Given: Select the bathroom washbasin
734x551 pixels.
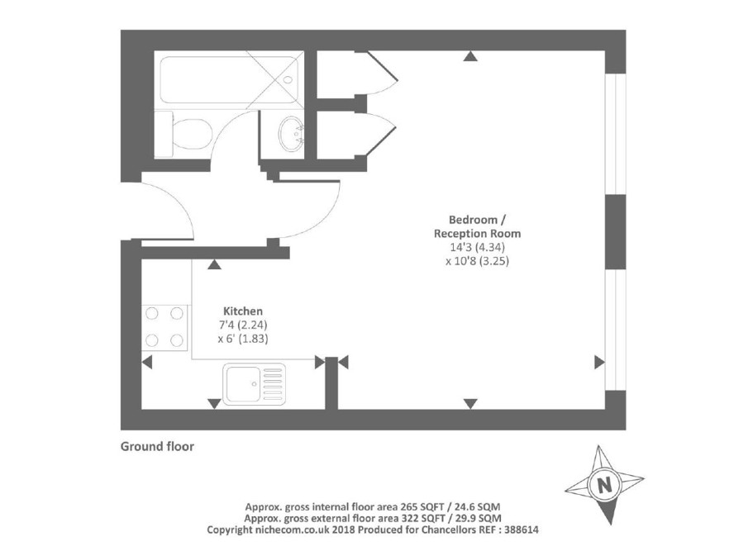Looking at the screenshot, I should pos(291,133).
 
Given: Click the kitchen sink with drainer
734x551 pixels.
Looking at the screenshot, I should pos(254,385).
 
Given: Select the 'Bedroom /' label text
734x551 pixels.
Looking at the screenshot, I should pos(477,220).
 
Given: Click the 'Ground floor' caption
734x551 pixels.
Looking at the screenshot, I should pos(157,447).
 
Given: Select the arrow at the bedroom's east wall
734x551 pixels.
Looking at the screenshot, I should pos(598,362).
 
